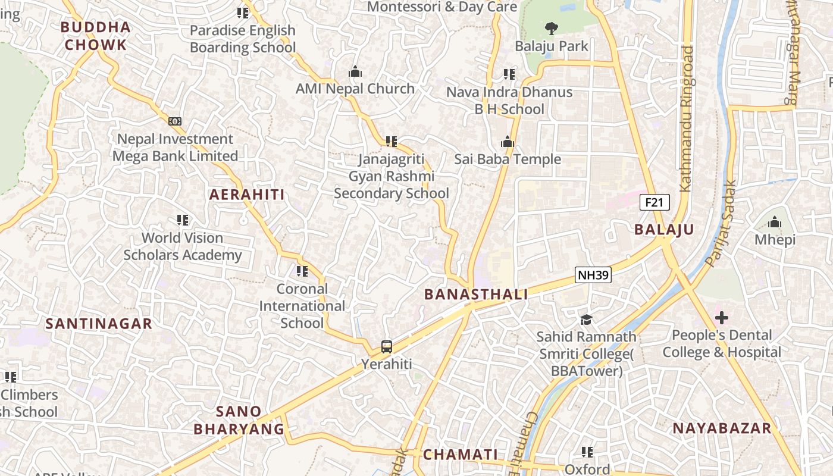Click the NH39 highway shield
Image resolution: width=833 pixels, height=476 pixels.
coord(593,274)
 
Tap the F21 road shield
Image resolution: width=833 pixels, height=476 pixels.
coord(654,202)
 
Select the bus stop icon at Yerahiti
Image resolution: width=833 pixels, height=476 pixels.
coord(387,346)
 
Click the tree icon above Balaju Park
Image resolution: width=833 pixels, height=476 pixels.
coord(552,28)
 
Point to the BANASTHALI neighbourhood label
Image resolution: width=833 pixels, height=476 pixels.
coord(476,294)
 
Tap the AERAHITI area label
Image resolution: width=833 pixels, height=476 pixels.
coord(247,195)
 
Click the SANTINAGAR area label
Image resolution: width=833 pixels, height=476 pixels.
coord(99,324)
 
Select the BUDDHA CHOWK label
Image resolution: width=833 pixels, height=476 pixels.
coord(95,36)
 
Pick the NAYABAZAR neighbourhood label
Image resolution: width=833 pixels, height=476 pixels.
coord(722,428)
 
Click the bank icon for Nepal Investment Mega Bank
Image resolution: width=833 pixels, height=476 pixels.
coord(175,121)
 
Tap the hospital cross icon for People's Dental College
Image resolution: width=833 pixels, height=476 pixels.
coord(722,317)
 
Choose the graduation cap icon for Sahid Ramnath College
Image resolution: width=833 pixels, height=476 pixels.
coord(586,320)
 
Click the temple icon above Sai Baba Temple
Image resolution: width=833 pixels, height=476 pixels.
coord(508,142)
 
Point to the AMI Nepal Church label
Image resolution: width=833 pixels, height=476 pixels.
coord(355,89)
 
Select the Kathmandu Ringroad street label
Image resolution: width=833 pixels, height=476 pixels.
coord(687,119)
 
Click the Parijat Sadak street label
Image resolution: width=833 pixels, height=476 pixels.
coord(720,223)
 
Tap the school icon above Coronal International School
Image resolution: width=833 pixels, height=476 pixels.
coord(302,271)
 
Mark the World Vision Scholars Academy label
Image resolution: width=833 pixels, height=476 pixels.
coord(182,246)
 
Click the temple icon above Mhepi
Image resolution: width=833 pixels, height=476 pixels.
coord(775,223)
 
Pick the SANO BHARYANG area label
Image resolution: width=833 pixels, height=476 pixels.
coord(239,419)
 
